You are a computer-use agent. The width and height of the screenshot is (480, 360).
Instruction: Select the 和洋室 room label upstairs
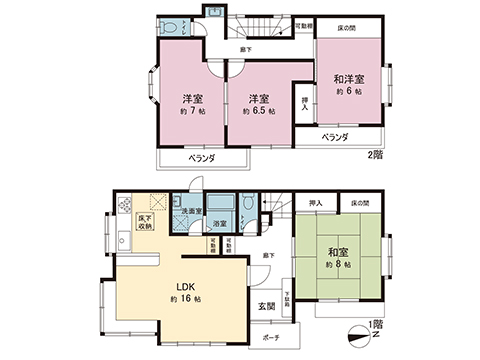coord(348,79)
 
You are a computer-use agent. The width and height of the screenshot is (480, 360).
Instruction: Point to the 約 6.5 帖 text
coord(259,112)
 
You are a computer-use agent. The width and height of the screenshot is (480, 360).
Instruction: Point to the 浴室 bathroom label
coord(219,223)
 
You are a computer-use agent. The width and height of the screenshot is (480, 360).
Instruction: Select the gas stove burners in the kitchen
coord(125,207)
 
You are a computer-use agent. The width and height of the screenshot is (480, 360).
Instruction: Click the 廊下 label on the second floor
coord(245,49)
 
